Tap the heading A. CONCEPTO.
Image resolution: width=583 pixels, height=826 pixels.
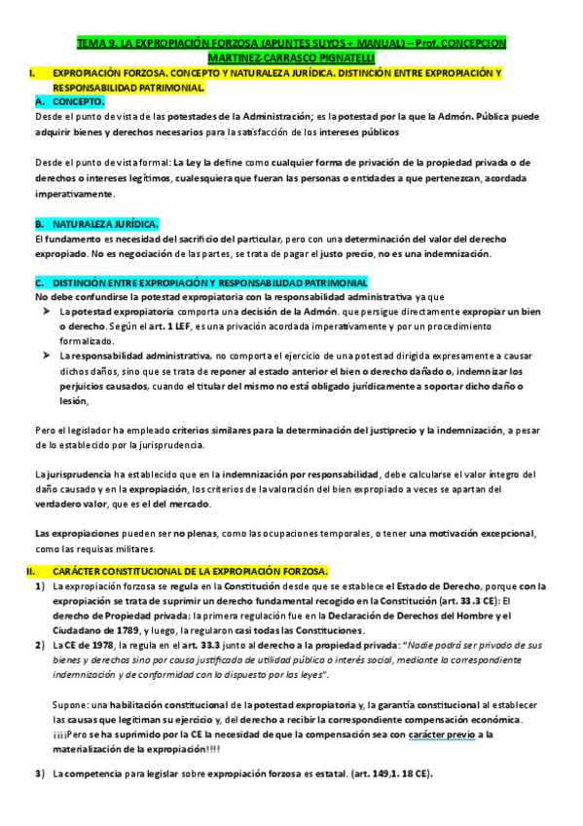click(70, 101)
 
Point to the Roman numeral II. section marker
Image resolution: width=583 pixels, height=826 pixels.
click(31, 570)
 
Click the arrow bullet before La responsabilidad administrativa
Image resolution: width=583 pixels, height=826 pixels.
click(46, 357)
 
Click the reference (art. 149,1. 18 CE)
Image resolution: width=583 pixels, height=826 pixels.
click(374, 774)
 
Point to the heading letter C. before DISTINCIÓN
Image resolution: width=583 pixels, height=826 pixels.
click(38, 282)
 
